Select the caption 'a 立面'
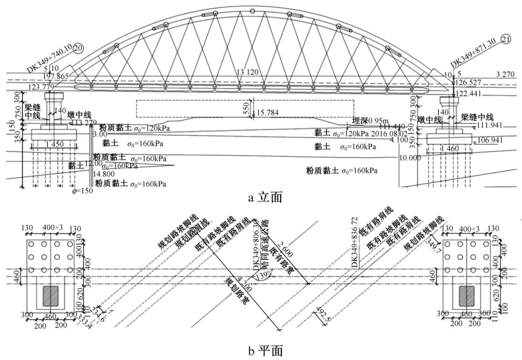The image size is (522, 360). click(261, 197)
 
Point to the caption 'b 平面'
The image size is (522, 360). click(261, 349)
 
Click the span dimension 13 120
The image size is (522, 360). click(248, 72)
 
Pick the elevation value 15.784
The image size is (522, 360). click(268, 113)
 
